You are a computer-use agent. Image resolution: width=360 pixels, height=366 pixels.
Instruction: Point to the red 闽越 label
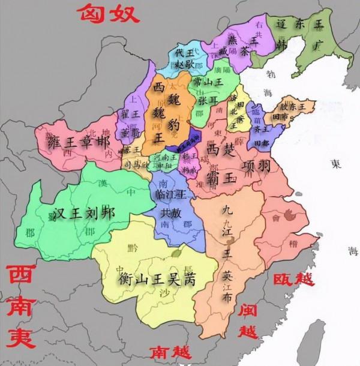[x=247, y=320]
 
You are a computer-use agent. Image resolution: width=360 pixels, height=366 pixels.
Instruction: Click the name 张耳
[x=207, y=99]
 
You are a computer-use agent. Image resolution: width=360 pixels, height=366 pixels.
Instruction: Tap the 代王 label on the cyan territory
[x=182, y=53]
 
